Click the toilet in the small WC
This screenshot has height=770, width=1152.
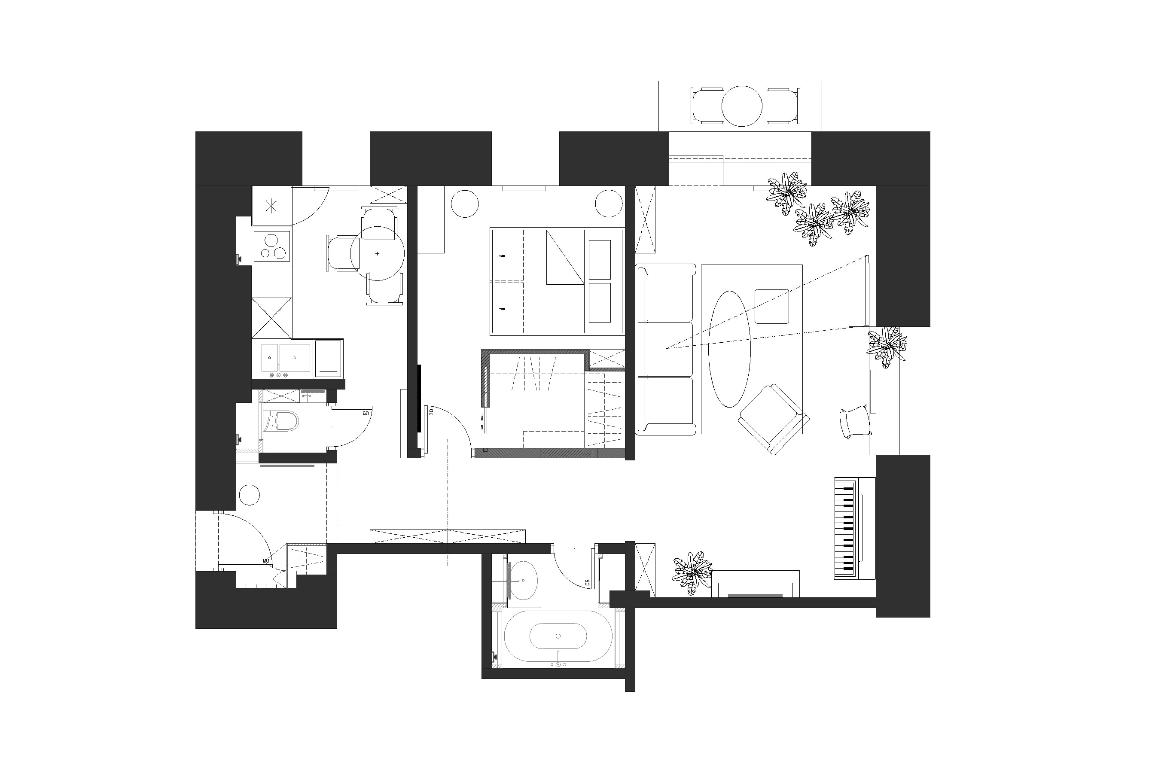(286, 421)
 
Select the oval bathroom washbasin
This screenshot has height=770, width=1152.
(522, 581)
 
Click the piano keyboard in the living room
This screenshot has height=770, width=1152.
(844, 527)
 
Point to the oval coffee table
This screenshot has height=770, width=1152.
(729, 349)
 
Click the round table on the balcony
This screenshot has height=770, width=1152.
(741, 106)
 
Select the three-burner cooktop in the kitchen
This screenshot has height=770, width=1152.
(271, 247)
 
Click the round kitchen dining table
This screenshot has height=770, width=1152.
(377, 253)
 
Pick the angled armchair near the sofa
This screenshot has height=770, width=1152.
(773, 418)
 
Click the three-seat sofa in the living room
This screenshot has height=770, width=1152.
(665, 349)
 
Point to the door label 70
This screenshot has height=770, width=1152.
(431, 411)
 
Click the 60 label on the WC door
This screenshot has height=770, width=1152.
(366, 413)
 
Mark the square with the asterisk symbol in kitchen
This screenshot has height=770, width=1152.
(271, 207)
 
